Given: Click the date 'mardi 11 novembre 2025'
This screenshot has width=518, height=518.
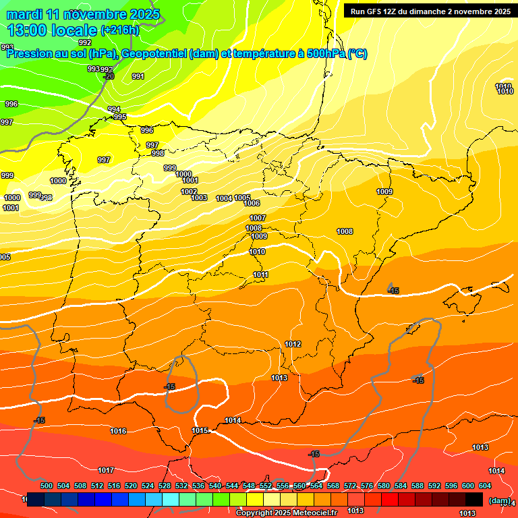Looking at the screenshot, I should [83, 14].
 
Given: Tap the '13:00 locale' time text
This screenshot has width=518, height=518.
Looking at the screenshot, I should [51, 30].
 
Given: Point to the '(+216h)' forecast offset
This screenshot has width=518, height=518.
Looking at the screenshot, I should [119, 30].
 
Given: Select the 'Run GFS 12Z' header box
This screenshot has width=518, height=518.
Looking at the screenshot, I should [428, 11].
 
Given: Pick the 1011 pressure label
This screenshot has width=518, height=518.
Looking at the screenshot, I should [261, 275].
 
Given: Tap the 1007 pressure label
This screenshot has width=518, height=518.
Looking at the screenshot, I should [258, 218].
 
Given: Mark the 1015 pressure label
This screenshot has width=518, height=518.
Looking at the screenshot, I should [200, 430].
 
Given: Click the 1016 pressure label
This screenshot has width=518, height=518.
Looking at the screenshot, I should [118, 431].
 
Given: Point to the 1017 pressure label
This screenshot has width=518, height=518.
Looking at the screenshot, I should [106, 470].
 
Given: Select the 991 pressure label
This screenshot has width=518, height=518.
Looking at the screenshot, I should [138, 76].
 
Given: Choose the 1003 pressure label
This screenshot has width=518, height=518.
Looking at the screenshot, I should [199, 198].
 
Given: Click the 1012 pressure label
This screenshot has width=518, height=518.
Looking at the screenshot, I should [293, 344].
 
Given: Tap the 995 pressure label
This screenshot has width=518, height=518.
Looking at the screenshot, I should [120, 117].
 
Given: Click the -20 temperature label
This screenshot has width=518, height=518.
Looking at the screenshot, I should [109, 76].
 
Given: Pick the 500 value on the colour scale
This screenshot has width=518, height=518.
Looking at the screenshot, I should [47, 486].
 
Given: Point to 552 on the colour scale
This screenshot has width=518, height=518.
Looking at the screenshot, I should [266, 486].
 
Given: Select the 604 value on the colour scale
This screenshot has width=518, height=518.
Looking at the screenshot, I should [485, 486].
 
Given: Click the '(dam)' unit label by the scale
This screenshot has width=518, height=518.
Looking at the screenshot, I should [499, 500].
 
